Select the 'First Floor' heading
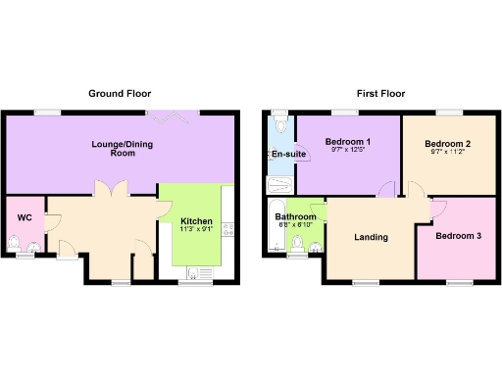(381, 94)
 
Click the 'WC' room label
(25, 217)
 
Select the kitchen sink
(199, 272)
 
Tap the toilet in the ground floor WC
(15, 243)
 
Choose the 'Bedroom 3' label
(459, 236)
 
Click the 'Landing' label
(372, 237)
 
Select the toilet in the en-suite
(281, 125)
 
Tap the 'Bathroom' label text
(294, 216)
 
